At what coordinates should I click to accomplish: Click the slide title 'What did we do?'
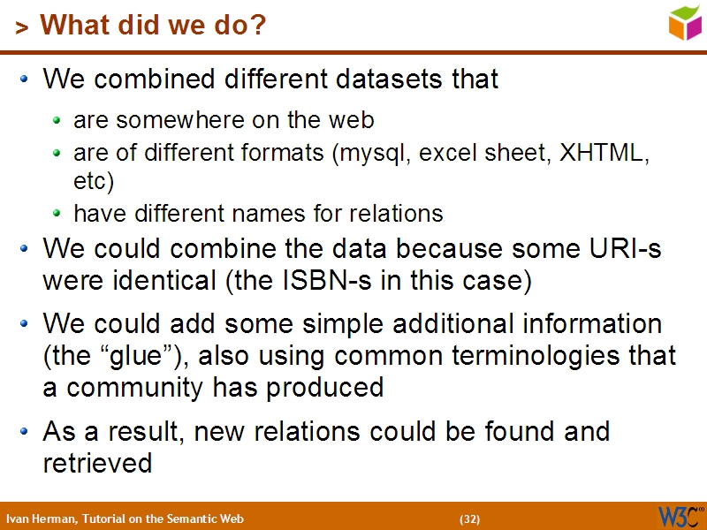point(152,26)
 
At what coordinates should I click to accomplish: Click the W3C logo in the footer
point(679,516)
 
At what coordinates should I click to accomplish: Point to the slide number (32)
point(469,519)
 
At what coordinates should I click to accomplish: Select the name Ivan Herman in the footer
point(40,519)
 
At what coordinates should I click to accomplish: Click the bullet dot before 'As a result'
point(25,432)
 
